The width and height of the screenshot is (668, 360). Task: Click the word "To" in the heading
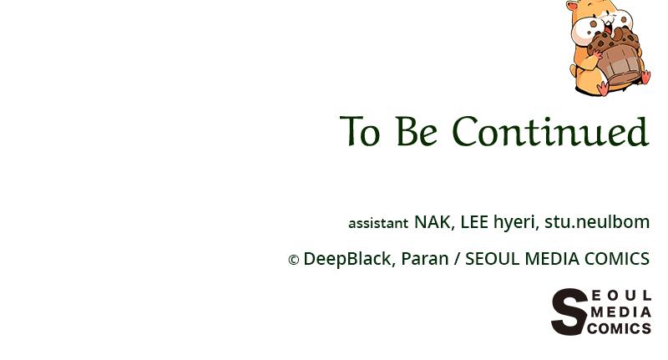pos(360,133)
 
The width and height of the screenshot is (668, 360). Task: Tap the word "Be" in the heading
pos(416,133)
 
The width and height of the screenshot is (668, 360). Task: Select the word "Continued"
pos(550,133)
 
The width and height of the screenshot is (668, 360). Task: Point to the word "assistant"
pos(378,223)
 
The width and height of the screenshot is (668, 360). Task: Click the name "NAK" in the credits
pos(432,222)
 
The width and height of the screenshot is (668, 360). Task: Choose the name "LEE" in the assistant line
pos(473,222)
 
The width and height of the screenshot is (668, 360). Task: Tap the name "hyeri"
pos(514,223)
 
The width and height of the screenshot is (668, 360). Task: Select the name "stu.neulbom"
pos(597,222)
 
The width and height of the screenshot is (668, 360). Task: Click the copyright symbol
pos(293,261)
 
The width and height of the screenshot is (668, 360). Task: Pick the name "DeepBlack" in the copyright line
pos(347,260)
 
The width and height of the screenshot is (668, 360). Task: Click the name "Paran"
pos(424,259)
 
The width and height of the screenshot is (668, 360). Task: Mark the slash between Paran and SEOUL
pos(457,260)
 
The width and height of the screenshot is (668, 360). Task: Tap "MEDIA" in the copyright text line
pos(552,259)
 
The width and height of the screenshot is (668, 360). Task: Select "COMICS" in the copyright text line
pos(617,259)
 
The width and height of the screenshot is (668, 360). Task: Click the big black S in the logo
pos(569,312)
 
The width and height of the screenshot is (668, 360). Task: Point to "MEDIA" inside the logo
pos(620,312)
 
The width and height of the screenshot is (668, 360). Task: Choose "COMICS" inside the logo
pos(619,328)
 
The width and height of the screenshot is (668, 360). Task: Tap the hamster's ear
pos(572,6)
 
